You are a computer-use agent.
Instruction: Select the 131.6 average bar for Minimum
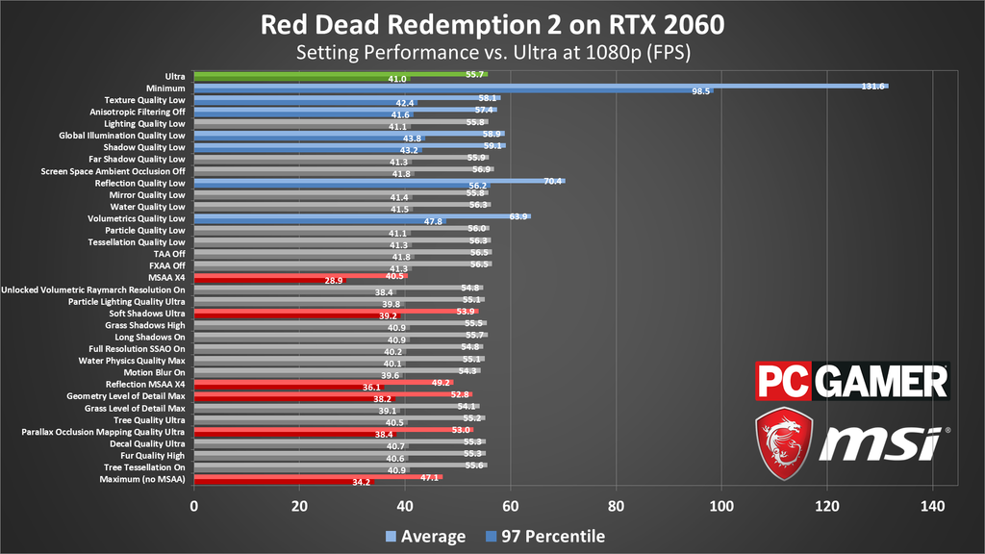tap(539, 86)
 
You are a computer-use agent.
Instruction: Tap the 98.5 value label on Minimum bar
tap(700, 91)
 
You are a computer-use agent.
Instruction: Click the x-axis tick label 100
tap(721, 506)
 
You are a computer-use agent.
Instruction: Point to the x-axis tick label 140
tap(932, 506)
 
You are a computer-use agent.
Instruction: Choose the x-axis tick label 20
tap(299, 506)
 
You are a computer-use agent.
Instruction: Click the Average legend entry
tap(424, 536)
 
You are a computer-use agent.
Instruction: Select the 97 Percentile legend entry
tap(549, 536)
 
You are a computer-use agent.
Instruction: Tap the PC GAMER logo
tap(852, 382)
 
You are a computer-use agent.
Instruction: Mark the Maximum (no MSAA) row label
tap(141, 479)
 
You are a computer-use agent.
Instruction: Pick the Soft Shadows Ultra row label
tap(147, 314)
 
